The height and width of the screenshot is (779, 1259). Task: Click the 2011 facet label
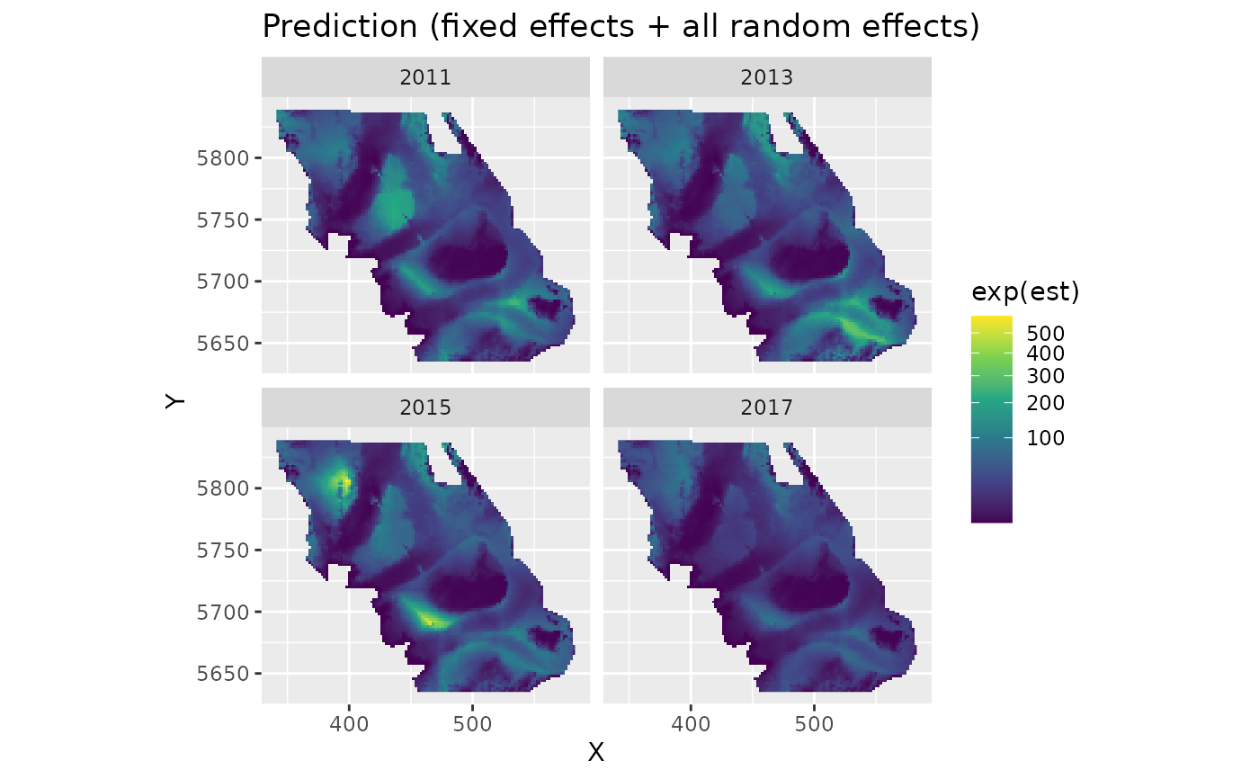tap(425, 77)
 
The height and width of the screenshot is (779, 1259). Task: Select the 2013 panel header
tap(767, 77)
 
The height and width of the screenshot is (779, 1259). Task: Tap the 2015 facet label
tap(425, 407)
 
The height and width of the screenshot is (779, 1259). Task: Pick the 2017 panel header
tap(767, 407)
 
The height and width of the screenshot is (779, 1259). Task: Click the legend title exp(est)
tap(1025, 292)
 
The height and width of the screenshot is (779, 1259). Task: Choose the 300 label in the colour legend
tap(1045, 375)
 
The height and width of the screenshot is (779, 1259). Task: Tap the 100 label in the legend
tap(1045, 438)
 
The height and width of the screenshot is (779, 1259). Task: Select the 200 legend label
tap(1045, 402)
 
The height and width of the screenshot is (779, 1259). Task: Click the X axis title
tap(595, 753)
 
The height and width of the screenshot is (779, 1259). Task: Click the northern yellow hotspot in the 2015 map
tap(343, 483)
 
